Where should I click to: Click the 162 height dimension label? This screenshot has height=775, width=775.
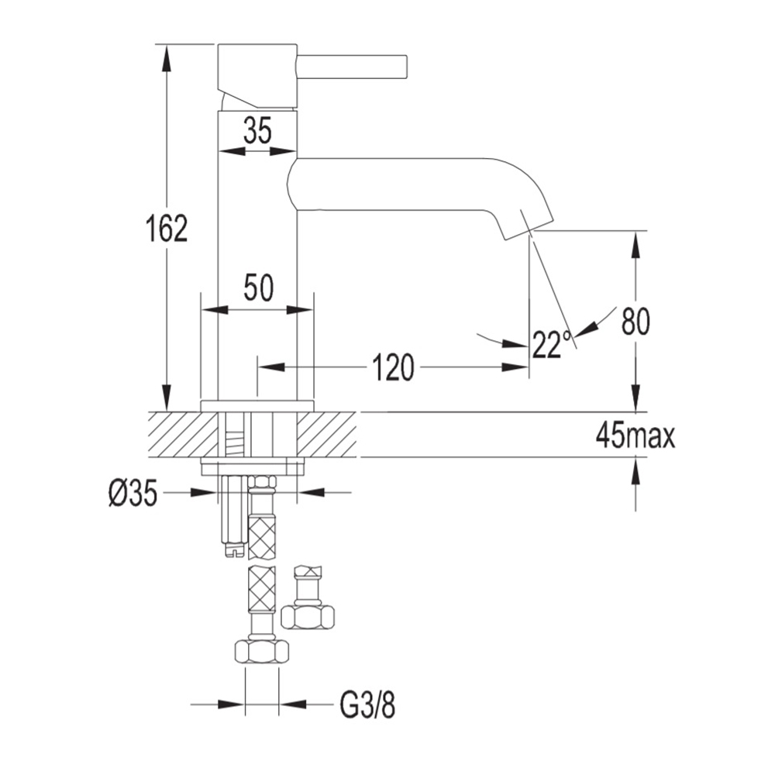[167, 228]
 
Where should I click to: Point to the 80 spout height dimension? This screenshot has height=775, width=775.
[635, 322]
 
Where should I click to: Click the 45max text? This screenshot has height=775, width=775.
[635, 435]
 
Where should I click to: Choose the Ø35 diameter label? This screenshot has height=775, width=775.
[133, 494]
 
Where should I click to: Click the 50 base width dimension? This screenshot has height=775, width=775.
[258, 288]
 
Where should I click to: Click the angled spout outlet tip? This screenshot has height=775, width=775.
[529, 225]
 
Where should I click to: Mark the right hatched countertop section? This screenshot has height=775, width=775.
[326, 435]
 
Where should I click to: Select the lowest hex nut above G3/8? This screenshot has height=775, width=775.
[261, 653]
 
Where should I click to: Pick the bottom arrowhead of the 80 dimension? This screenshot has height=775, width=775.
[635, 398]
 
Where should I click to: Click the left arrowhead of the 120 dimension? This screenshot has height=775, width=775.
[270, 367]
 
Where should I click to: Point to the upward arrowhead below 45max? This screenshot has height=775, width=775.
[635, 471]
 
